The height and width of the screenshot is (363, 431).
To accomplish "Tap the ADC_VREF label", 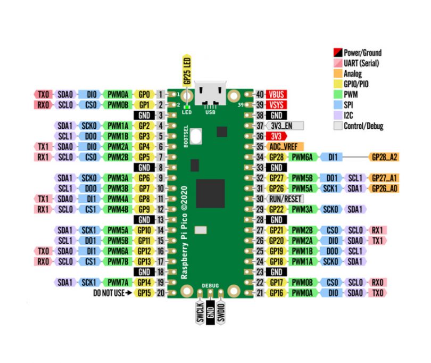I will point(286,146).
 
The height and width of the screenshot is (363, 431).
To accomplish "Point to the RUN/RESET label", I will point(286,198).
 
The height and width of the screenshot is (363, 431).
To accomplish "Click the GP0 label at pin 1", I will point(144,95).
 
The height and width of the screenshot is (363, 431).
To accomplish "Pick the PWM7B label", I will point(116,261).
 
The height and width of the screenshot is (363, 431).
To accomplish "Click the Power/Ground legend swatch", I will point(337,53).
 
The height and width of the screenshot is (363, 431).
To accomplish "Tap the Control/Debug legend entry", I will point(363,126).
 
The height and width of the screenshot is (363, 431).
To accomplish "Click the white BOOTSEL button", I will point(197,137).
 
